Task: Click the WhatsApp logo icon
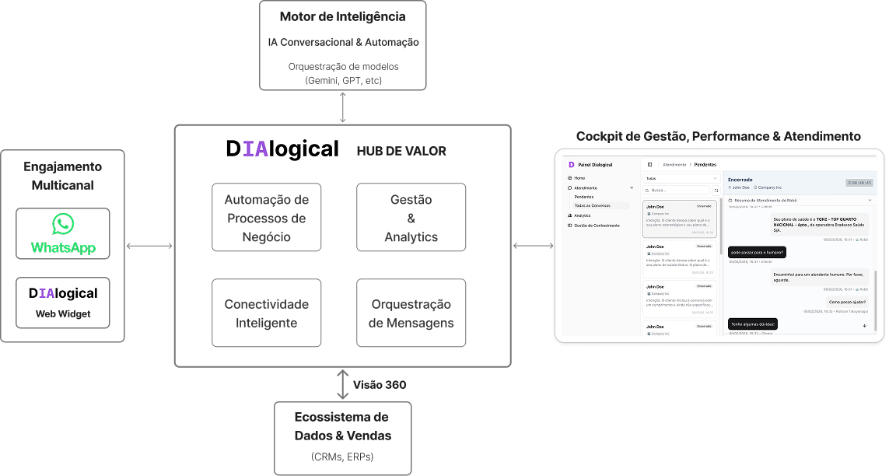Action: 63,225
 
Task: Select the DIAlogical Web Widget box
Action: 63,303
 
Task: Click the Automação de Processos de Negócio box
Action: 266,217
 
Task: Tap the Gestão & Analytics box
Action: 411,217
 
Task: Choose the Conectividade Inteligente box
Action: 266,313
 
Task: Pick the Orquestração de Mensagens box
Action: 411,313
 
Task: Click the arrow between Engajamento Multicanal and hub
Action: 149,247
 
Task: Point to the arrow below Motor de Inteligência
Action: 343,107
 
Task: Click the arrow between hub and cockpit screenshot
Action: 533,247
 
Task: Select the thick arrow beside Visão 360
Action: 343,384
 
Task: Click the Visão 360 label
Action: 380,384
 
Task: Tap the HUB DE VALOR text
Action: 401,151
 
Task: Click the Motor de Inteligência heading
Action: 343,16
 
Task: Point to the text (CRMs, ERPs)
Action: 342,456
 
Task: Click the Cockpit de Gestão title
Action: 718,136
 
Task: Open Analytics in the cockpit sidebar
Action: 583,215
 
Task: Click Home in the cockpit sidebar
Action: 579,178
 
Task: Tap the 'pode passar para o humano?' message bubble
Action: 757,252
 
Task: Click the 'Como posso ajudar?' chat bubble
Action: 847,302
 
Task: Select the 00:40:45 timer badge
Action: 859,183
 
